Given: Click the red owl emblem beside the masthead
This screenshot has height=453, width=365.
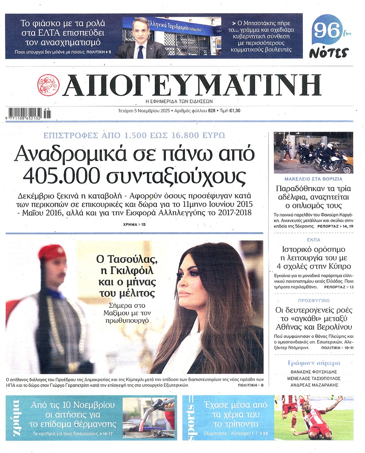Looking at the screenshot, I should tap(48, 85).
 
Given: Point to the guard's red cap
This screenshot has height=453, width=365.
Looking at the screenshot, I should tap(52, 252).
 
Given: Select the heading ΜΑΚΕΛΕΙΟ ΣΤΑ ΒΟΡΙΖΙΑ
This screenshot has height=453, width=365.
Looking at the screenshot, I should tap(313, 179).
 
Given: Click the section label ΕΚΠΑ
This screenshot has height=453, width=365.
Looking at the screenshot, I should tap(313, 240).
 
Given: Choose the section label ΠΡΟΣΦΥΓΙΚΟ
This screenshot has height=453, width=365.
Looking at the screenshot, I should tap(313, 301).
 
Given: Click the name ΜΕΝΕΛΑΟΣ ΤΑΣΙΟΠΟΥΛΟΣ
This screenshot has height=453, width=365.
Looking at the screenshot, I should tap(313, 378).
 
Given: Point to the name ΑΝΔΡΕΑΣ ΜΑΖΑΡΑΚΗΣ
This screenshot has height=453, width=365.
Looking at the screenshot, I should tap(313, 386).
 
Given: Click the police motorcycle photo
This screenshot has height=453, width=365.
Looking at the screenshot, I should tap(313, 153).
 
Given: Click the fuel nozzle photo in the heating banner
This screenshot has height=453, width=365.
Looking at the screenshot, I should tap(149, 418).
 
